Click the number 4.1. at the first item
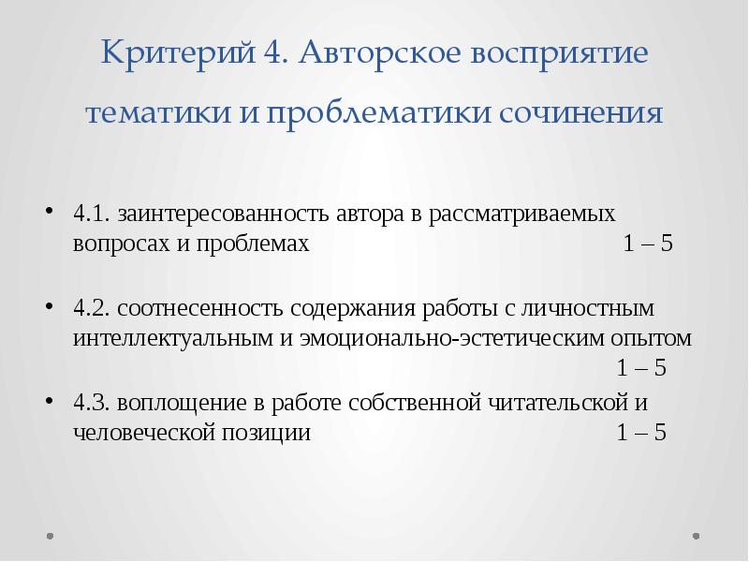tap(92, 213)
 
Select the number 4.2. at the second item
tap(92, 308)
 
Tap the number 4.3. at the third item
tap(92, 403)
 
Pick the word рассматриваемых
tap(523, 213)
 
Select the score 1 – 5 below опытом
tap(641, 368)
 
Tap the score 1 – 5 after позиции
tap(641, 434)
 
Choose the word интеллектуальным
tap(172, 337)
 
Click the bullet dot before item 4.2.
tap(48, 308)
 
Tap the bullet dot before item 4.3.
tap(48, 403)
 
